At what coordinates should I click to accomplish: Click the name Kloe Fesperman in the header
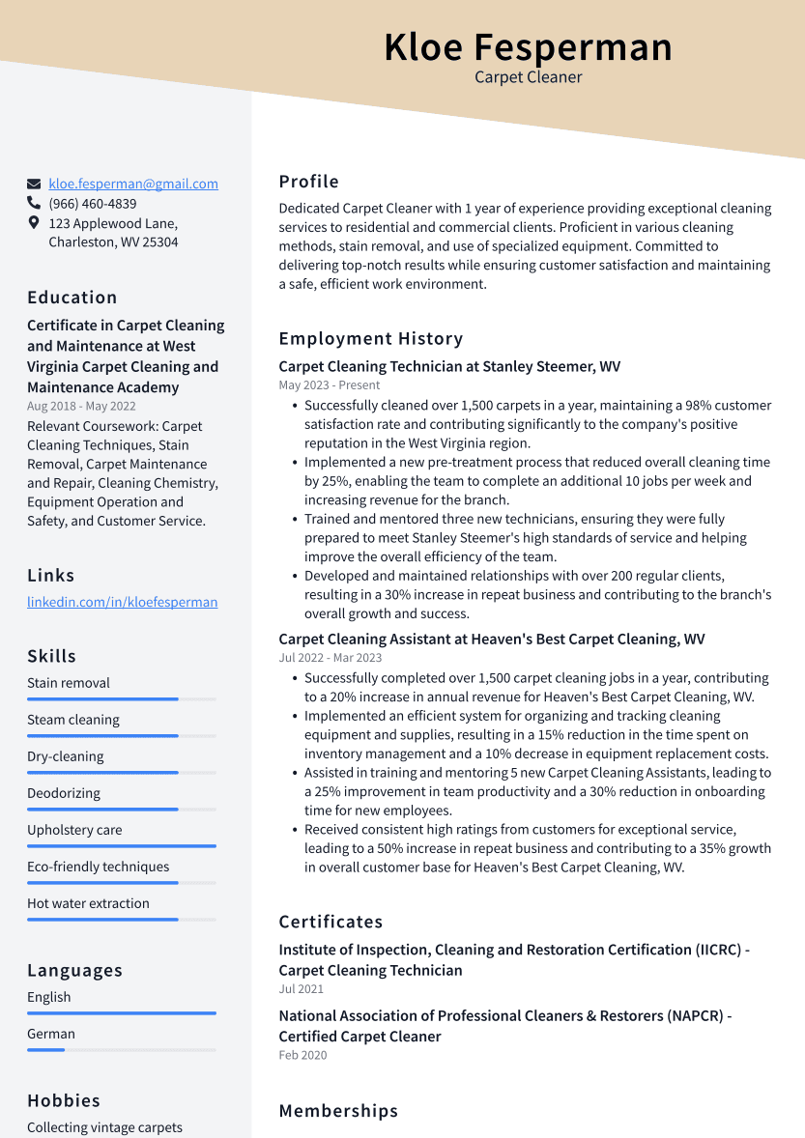click(x=528, y=47)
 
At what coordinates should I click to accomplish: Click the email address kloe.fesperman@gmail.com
click(x=133, y=184)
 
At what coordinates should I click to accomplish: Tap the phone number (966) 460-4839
click(x=93, y=204)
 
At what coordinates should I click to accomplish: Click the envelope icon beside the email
click(x=34, y=184)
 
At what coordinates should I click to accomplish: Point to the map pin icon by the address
click(x=34, y=223)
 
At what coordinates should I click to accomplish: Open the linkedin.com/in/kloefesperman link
click(x=122, y=602)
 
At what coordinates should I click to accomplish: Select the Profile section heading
click(x=308, y=182)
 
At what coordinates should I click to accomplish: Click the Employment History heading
click(x=371, y=338)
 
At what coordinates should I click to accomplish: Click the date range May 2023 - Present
click(x=330, y=384)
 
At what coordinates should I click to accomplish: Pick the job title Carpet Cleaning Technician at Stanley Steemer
click(x=449, y=366)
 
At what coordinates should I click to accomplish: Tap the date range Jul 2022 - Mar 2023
click(x=330, y=657)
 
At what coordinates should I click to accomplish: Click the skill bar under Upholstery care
click(x=122, y=846)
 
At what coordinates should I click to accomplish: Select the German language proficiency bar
click(x=122, y=1049)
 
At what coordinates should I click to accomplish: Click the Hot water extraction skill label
click(x=88, y=903)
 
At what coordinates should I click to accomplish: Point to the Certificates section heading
click(x=331, y=922)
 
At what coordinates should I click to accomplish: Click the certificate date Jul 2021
click(x=302, y=988)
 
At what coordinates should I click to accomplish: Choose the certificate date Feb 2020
click(x=302, y=1055)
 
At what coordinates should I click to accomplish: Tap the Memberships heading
click(x=338, y=1111)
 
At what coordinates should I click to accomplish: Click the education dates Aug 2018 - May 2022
click(x=81, y=406)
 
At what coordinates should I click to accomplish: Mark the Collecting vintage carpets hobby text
click(x=104, y=1127)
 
